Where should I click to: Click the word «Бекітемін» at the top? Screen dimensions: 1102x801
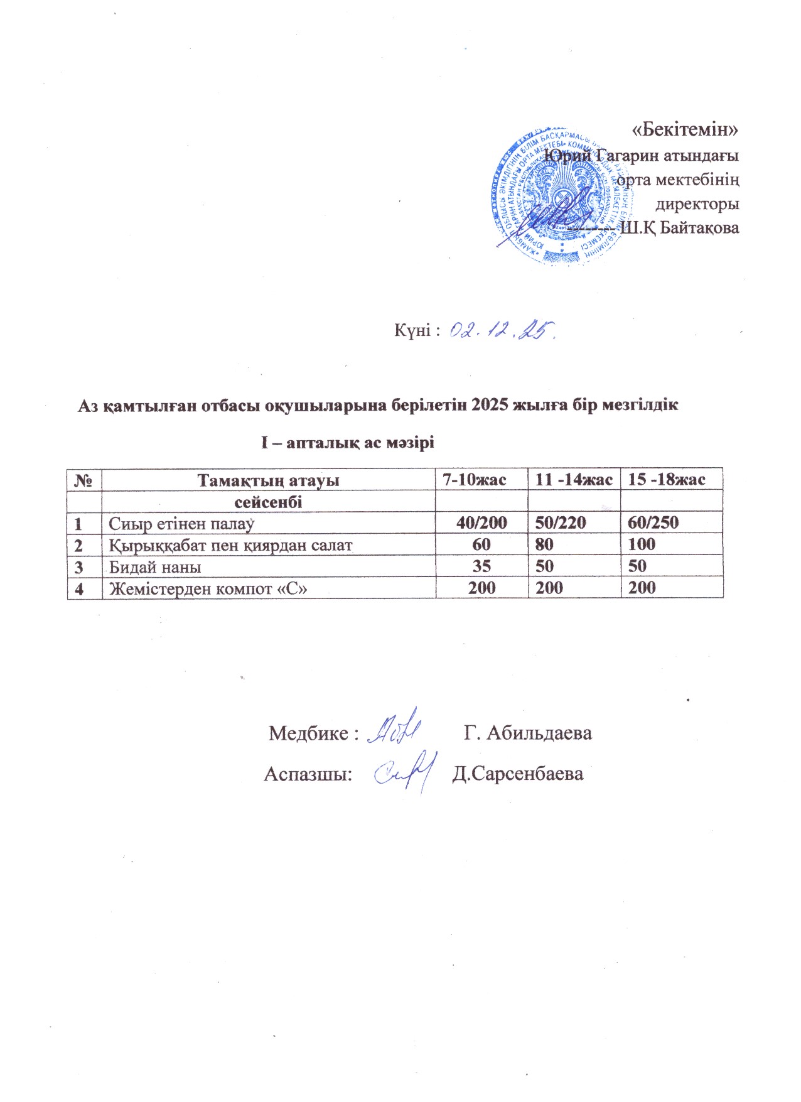684,129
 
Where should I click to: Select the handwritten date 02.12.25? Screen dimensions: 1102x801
502,330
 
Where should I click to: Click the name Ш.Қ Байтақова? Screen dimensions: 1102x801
679,228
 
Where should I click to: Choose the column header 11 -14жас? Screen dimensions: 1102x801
573,480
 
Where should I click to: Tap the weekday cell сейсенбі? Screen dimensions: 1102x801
268,502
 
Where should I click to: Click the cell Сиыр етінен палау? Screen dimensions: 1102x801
181,523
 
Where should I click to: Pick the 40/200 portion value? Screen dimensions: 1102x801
482,522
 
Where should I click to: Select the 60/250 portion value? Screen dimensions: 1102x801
653,522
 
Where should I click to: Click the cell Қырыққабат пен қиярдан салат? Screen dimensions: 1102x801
230,545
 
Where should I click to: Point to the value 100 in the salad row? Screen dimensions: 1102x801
642,544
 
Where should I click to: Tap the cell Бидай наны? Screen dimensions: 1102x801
155,567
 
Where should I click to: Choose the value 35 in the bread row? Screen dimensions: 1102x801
481,566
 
